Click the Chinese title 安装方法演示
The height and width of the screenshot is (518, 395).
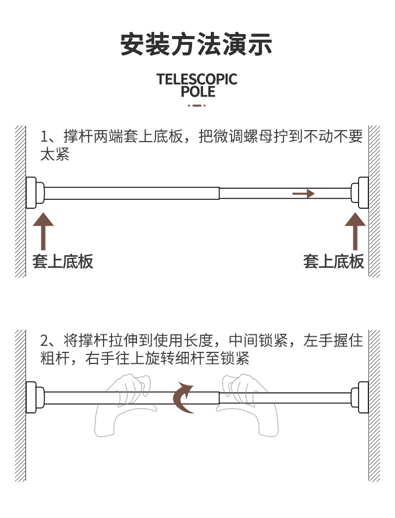tap(196, 44)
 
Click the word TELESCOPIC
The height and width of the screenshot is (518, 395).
tap(197, 79)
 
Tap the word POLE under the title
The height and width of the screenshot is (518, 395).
tap(198, 92)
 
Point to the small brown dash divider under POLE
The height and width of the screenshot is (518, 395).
tap(197, 106)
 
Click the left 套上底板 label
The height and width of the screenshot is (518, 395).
tap(62, 261)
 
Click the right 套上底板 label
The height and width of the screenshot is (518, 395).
tap(333, 261)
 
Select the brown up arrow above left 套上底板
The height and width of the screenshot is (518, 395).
tap(43, 231)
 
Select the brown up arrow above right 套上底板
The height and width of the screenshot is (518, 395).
tap(355, 231)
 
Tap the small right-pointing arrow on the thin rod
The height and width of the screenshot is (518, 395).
tap(303, 193)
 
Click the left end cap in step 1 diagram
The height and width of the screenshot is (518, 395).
tap(35, 193)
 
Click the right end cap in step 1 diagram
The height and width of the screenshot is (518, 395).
tap(359, 193)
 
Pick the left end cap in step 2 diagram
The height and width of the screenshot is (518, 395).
tap(35, 397)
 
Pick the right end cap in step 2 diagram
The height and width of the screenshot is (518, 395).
tap(359, 397)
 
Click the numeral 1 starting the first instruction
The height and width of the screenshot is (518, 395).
tap(44, 137)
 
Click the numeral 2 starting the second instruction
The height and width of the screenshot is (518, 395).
tap(44, 341)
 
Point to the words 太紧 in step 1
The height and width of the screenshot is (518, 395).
tap(55, 154)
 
